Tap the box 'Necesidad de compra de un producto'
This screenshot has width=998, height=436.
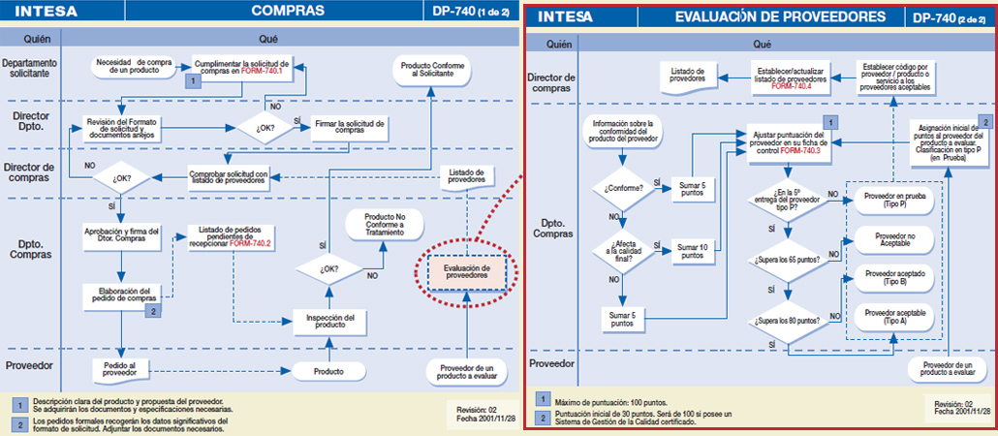coord(135,66)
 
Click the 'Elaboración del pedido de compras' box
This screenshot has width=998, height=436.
coord(121,295)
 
